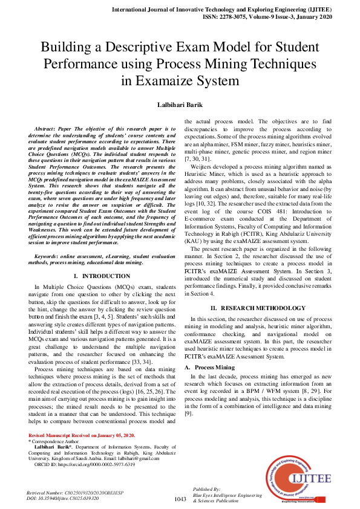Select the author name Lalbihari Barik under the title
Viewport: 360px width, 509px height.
point(180,105)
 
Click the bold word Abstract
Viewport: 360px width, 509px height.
point(47,129)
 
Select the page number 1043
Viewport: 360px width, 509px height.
point(180,499)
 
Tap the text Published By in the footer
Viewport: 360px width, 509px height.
point(206,488)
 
